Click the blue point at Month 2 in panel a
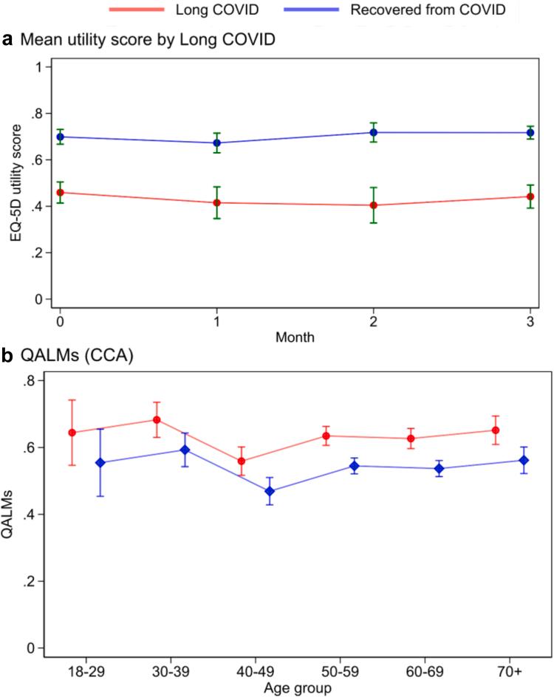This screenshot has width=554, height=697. pos(374,132)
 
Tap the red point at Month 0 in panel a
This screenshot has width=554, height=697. pos(59,192)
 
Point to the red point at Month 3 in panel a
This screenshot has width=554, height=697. pos(530,196)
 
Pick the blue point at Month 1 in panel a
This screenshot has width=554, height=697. pos(216,143)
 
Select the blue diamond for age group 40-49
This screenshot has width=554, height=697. pos(270,491)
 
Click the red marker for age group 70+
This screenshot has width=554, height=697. pos(496,430)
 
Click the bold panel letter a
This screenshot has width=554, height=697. pos(7,41)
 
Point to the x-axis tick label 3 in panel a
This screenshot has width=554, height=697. pos(530,323)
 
